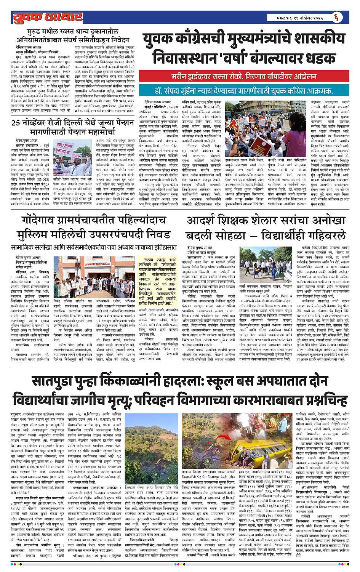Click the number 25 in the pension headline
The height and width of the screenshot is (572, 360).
point(16,123)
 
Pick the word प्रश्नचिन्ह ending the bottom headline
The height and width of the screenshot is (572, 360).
point(319,400)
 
